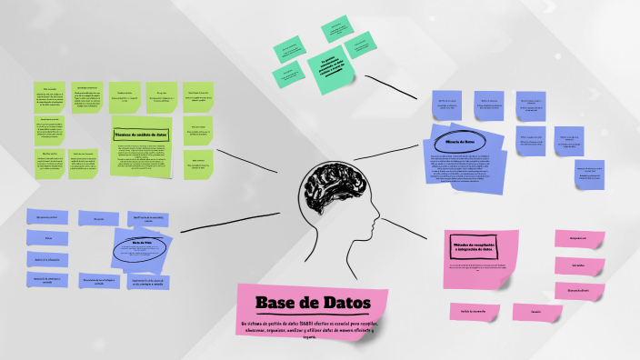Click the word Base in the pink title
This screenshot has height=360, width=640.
point(276,303)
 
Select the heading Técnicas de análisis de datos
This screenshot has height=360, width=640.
point(141,135)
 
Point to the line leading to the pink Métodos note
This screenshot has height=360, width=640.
point(414,228)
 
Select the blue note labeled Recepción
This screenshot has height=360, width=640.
point(98,218)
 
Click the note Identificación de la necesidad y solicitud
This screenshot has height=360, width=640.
point(148,218)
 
